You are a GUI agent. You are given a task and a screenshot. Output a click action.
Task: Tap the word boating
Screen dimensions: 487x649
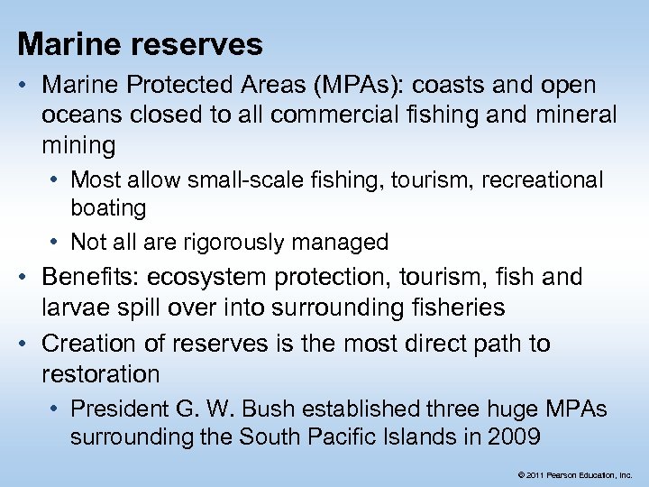(108, 208)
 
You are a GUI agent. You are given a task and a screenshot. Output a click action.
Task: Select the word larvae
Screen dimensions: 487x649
(78, 308)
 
